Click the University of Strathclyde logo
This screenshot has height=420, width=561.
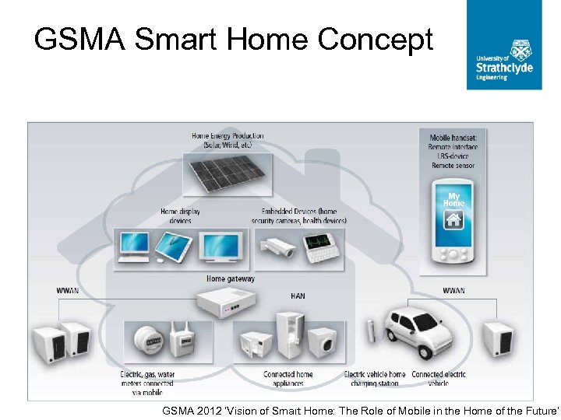[x=504, y=45]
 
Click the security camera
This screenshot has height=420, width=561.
[x=278, y=247]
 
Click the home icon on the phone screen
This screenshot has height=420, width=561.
[x=453, y=220]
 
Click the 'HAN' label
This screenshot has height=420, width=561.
[x=298, y=296]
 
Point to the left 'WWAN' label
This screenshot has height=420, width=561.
[x=67, y=291]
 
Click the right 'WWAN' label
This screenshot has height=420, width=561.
[x=453, y=291]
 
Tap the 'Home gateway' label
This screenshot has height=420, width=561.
[x=230, y=278]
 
